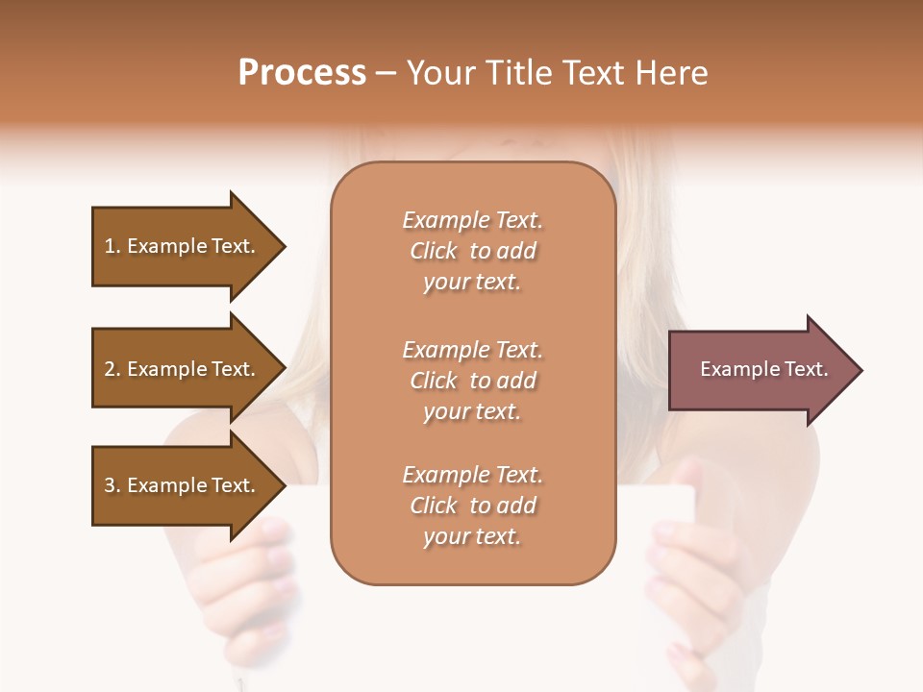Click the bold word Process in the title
(302, 73)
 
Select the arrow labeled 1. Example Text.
(183, 246)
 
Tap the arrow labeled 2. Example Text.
(183, 369)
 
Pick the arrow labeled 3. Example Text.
(183, 485)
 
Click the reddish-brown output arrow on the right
(760, 369)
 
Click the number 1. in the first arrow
(112, 246)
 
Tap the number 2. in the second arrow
(112, 369)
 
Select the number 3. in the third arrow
(112, 485)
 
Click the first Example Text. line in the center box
(472, 220)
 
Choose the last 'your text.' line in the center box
(472, 536)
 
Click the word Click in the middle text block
(434, 381)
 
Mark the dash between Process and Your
(386, 73)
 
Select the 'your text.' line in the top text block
(472, 282)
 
